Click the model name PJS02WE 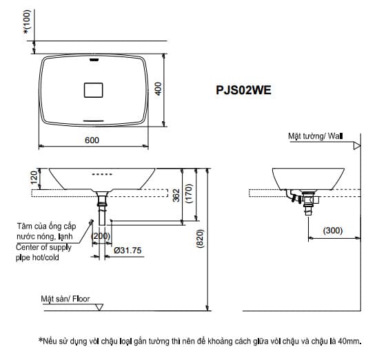coord(243,89)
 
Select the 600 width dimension coord(92,140)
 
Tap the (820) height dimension coord(200,238)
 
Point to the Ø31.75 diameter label coord(128,251)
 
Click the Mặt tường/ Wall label coord(315,136)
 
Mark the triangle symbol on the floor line coord(100,307)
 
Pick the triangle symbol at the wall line coord(356,147)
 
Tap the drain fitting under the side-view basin coord(307,202)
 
